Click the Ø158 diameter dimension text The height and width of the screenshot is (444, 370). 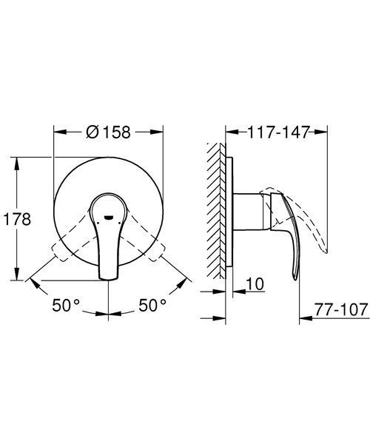(109, 132)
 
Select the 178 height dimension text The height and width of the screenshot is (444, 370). (17, 219)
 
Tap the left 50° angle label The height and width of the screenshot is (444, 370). (66, 305)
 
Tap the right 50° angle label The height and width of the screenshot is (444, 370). (152, 305)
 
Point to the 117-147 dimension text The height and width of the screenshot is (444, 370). (278, 132)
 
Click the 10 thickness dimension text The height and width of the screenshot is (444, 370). (255, 283)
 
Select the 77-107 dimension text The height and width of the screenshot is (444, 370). (341, 309)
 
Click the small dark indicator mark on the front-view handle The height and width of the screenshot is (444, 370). (109, 218)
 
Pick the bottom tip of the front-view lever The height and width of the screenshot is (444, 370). (108, 280)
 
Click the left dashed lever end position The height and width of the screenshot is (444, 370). (59, 252)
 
